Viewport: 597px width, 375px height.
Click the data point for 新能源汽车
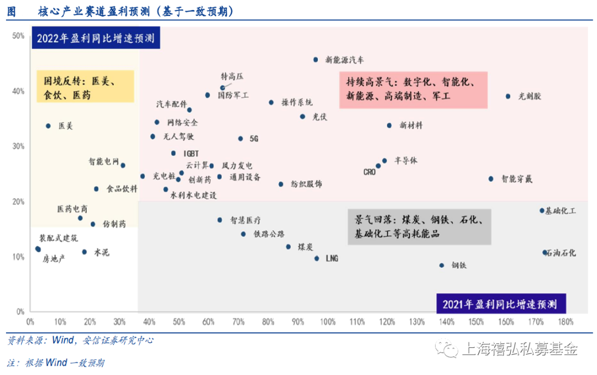click(316, 59)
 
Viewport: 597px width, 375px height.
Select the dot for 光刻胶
click(508, 96)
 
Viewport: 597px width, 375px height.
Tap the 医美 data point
click(48, 126)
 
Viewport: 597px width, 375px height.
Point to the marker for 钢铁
click(442, 265)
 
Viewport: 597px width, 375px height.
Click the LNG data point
click(317, 258)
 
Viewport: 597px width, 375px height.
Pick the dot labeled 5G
click(240, 139)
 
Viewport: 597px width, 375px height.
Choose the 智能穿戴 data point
click(491, 179)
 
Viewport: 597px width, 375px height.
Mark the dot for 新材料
click(389, 126)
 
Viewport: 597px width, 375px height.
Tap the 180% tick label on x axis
click(565, 321)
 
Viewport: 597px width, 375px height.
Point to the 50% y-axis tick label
click(18, 36)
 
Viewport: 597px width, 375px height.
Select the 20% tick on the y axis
click(18, 202)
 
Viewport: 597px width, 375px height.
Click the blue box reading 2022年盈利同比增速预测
click(96, 39)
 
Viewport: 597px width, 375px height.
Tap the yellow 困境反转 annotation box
click(85, 86)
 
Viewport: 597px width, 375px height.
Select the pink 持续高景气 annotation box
click(413, 89)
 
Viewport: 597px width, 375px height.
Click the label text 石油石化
click(562, 253)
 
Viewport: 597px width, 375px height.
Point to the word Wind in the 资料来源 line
click(61, 340)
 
